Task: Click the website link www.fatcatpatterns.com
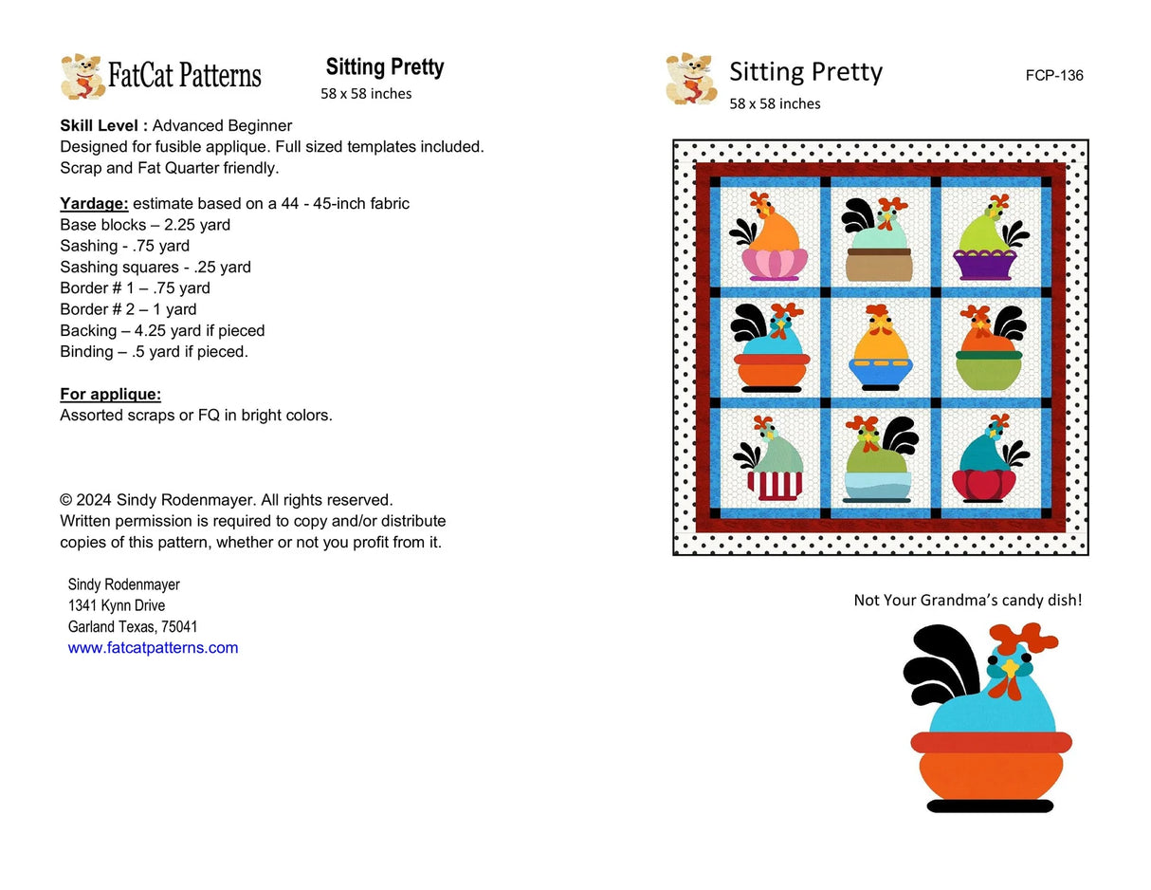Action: (153, 648)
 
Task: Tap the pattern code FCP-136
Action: (1053, 76)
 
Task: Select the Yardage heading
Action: (94, 204)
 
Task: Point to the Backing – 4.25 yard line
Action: (162, 331)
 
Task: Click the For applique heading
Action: (110, 394)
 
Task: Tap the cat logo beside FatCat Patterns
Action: (82, 77)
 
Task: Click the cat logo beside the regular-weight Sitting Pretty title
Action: (690, 79)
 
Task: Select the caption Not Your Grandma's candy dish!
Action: (967, 600)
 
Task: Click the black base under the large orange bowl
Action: (989, 806)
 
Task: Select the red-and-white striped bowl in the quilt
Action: (775, 483)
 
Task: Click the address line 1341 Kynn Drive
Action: (117, 605)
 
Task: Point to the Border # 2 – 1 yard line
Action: (128, 309)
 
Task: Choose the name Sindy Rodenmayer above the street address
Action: (124, 584)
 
